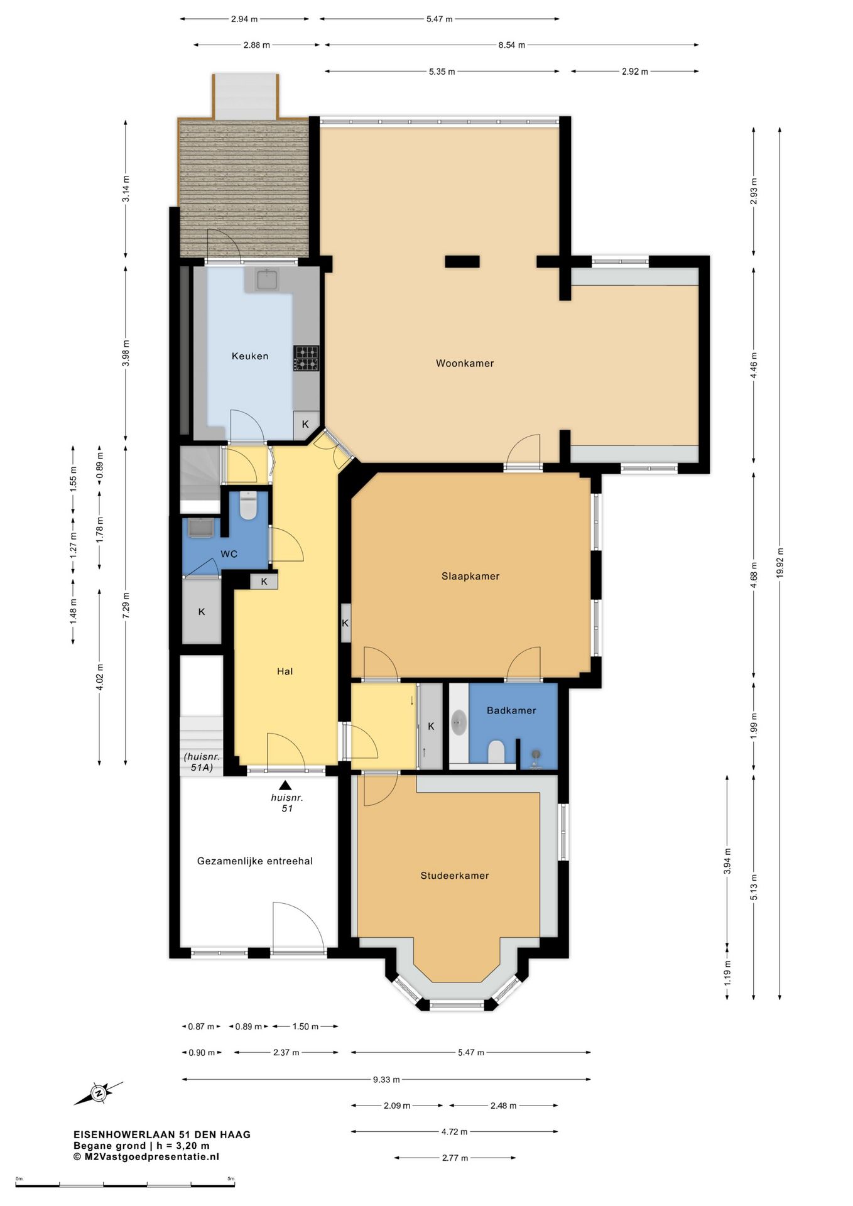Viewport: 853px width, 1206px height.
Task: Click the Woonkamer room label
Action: tap(465, 363)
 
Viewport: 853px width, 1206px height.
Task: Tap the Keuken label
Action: tap(250, 356)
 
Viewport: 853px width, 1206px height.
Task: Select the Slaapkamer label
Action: tap(470, 576)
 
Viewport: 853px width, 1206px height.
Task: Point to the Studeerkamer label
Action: tap(455, 876)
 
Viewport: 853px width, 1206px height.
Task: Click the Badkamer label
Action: tap(511, 710)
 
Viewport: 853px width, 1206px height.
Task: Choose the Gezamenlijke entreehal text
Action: tap(255, 861)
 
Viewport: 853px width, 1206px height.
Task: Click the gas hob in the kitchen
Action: tap(306, 358)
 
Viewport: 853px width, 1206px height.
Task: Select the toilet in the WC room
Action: tap(249, 506)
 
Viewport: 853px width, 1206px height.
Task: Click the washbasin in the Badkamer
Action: tap(459, 722)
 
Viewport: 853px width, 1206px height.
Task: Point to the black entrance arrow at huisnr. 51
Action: tap(286, 785)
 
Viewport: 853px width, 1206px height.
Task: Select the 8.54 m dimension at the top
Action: tap(511, 45)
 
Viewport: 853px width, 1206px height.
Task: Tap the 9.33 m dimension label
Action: tap(386, 1080)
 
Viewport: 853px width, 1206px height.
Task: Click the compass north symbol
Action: tap(99, 1094)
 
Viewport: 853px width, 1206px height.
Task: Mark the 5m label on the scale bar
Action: tap(231, 1178)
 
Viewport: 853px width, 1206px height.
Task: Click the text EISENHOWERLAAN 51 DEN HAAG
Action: tap(162, 1134)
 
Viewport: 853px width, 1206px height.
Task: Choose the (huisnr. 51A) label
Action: tap(202, 762)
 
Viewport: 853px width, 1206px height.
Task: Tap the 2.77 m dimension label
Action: tap(455, 1158)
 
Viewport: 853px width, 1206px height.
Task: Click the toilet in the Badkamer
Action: tap(496, 751)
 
